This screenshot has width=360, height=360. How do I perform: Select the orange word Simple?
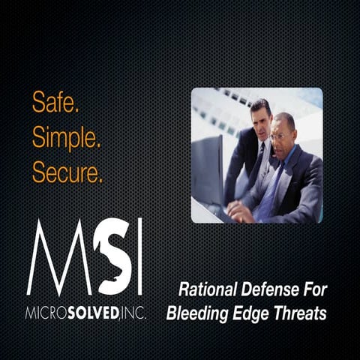(66, 138)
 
